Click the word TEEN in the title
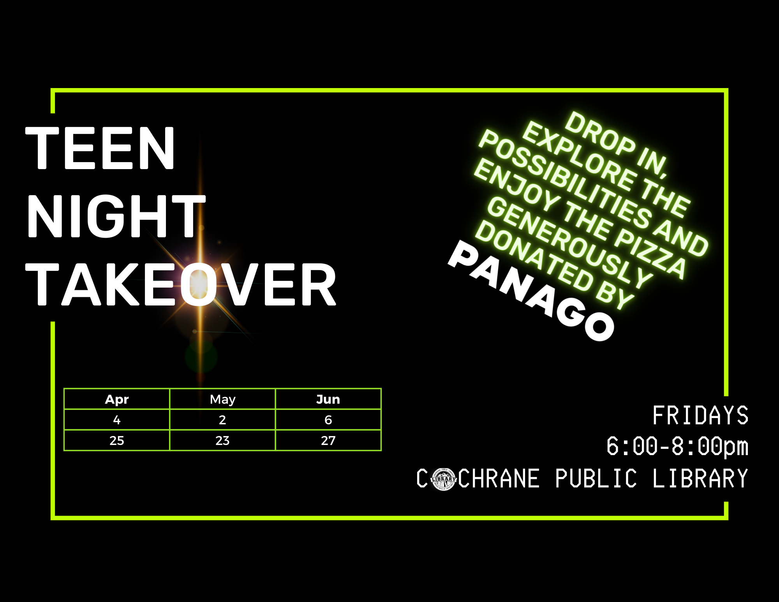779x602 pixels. [x=100, y=148]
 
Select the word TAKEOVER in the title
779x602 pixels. [x=181, y=284]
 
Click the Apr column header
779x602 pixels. [x=117, y=399]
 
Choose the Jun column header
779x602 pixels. [x=328, y=399]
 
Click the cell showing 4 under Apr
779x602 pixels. [x=117, y=420]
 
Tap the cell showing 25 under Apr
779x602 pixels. [x=117, y=441]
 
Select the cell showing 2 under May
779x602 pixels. [x=222, y=420]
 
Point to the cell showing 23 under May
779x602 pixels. [x=222, y=441]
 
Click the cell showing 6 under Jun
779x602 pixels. [x=328, y=420]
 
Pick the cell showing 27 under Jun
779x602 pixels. [x=328, y=441]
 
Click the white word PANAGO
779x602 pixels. [x=531, y=290]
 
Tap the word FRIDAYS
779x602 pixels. [x=700, y=415]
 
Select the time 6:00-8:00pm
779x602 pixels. [x=677, y=447]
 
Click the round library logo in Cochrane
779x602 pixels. [x=443, y=479]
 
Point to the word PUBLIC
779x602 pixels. [x=596, y=478]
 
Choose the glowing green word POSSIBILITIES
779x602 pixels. [x=565, y=179]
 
